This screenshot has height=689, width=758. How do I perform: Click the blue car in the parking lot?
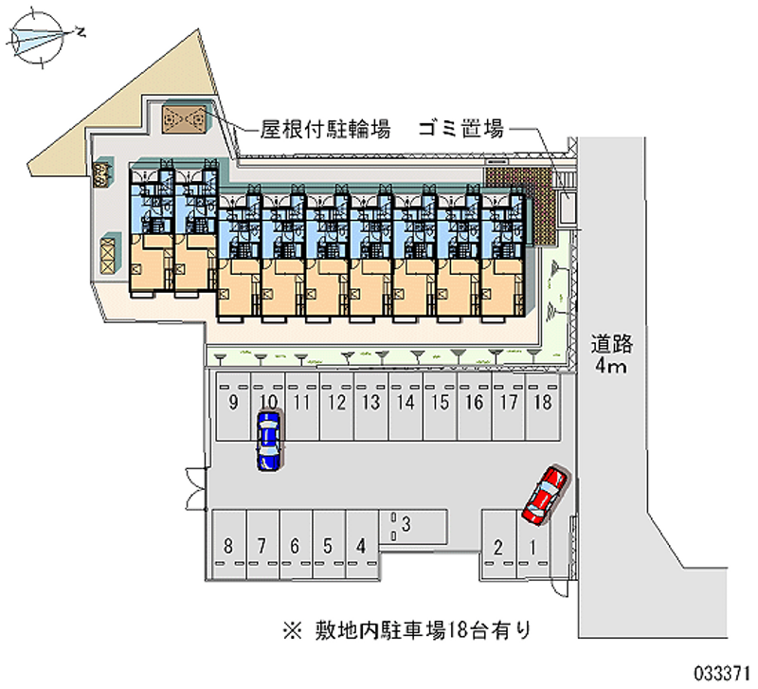[x=269, y=440]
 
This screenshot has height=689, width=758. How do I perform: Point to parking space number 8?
[x=228, y=546]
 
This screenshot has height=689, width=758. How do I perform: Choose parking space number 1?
[x=532, y=546]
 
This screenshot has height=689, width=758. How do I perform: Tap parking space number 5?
[x=327, y=546]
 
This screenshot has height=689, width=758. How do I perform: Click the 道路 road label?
[x=612, y=343]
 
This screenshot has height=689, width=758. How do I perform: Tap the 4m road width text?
[x=611, y=367]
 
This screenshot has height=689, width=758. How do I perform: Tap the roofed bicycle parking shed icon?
[x=180, y=118]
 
